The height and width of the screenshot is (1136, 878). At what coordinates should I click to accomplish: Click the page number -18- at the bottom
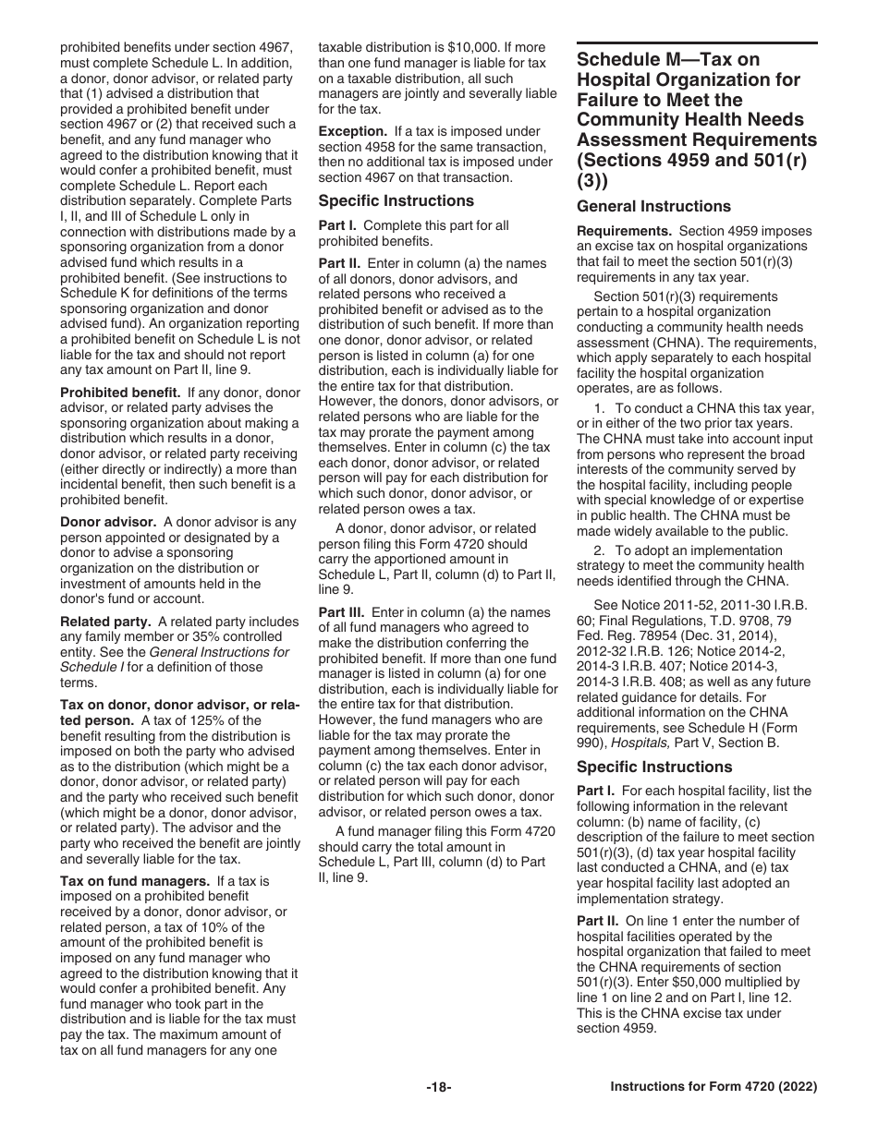point(438,1087)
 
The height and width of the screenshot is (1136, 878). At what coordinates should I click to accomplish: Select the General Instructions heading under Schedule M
point(653,207)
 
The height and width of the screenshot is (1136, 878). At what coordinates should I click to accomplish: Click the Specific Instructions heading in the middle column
point(396,201)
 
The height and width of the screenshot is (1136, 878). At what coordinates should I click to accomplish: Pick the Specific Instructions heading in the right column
point(654,767)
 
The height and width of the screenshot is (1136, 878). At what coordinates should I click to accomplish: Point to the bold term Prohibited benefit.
point(120,393)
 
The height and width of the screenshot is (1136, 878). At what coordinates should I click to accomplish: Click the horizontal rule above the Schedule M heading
point(697,42)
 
